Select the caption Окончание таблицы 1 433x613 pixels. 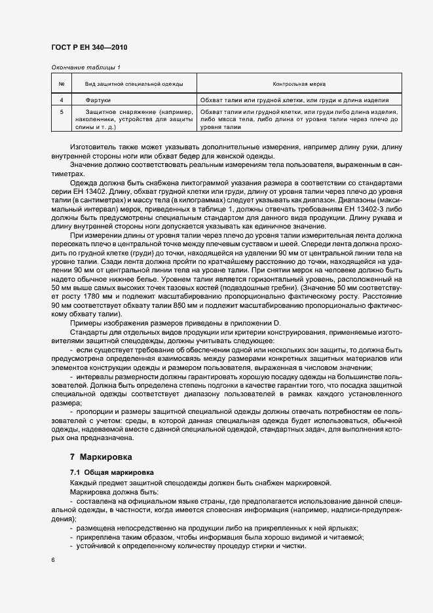86,67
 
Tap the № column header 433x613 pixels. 61,84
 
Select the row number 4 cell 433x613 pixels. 61,100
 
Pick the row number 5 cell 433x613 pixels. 61,112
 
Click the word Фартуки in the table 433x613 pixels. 99,100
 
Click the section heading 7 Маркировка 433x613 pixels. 104,456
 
